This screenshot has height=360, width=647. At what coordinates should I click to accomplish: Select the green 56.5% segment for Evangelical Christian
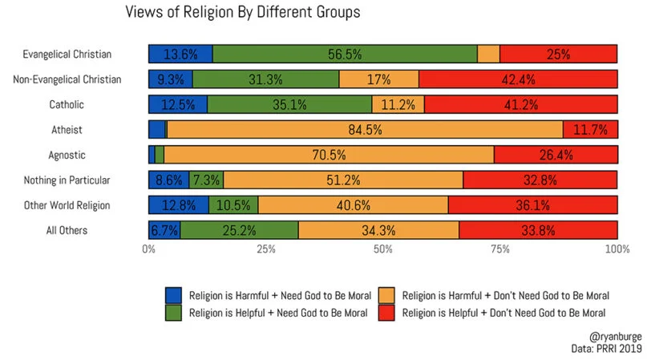(x=345, y=55)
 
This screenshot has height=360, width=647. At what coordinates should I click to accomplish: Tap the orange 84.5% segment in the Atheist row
(x=365, y=130)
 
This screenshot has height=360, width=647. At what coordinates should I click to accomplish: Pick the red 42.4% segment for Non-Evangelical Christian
(x=518, y=79)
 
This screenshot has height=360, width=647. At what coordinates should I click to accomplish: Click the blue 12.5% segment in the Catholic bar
(x=177, y=104)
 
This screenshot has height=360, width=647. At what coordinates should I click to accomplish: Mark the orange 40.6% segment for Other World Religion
(x=353, y=205)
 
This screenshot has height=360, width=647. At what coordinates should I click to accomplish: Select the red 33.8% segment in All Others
(x=538, y=230)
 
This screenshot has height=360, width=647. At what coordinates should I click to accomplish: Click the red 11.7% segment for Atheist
(x=590, y=130)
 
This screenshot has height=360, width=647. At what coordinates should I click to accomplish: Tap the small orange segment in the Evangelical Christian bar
(x=488, y=55)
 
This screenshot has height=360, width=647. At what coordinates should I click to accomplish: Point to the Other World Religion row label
(x=67, y=205)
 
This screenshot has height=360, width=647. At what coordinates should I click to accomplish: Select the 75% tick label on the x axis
(x=500, y=250)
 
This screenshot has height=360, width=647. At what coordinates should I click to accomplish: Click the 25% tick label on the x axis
(x=266, y=250)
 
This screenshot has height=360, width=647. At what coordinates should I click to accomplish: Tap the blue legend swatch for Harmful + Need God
(x=173, y=294)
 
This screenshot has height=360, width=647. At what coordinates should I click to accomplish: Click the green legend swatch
(x=173, y=313)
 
